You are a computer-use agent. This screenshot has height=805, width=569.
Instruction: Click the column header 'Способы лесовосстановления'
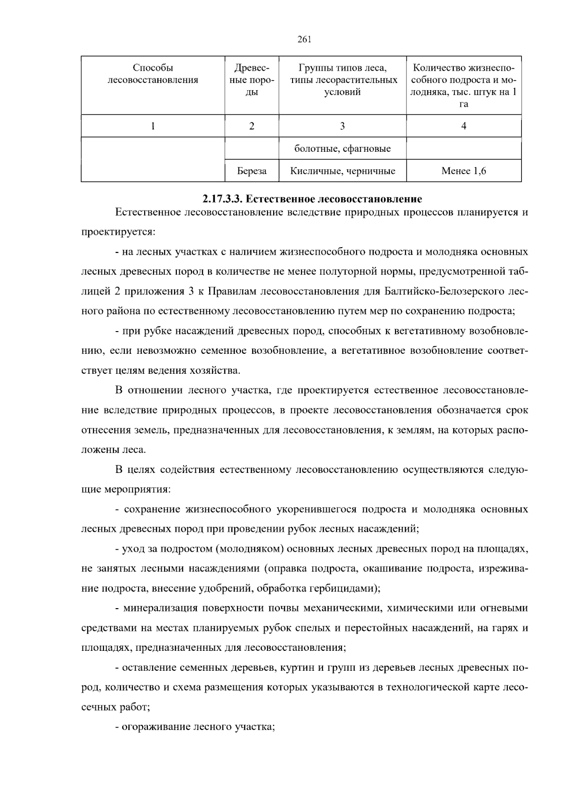[153, 74]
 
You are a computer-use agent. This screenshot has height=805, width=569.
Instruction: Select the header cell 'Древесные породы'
[252, 80]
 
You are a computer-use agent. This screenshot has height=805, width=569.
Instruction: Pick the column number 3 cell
[342, 126]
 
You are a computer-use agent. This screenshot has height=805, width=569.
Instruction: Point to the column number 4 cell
[464, 126]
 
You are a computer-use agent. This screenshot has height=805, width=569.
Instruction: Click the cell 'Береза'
[252, 171]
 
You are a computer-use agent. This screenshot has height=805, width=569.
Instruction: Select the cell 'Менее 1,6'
[464, 171]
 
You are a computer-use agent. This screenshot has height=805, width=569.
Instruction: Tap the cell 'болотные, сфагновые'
[342, 149]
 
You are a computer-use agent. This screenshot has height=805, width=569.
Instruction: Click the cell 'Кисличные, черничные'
[342, 171]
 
